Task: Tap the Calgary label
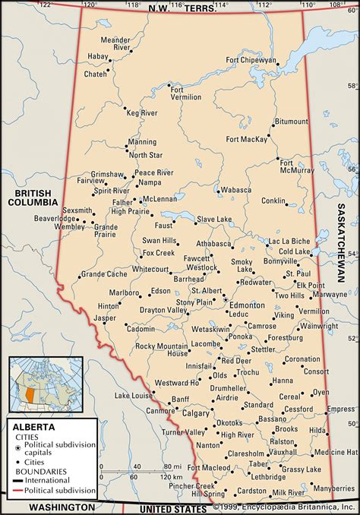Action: pyautogui.click(x=195, y=413)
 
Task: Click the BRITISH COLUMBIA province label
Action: pyautogui.click(x=33, y=198)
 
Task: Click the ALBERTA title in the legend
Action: pyautogui.click(x=32, y=427)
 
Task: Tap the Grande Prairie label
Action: pyautogui.click(x=105, y=230)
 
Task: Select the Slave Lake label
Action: pyautogui.click(x=214, y=220)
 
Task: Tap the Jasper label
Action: pyautogui.click(x=105, y=318)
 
